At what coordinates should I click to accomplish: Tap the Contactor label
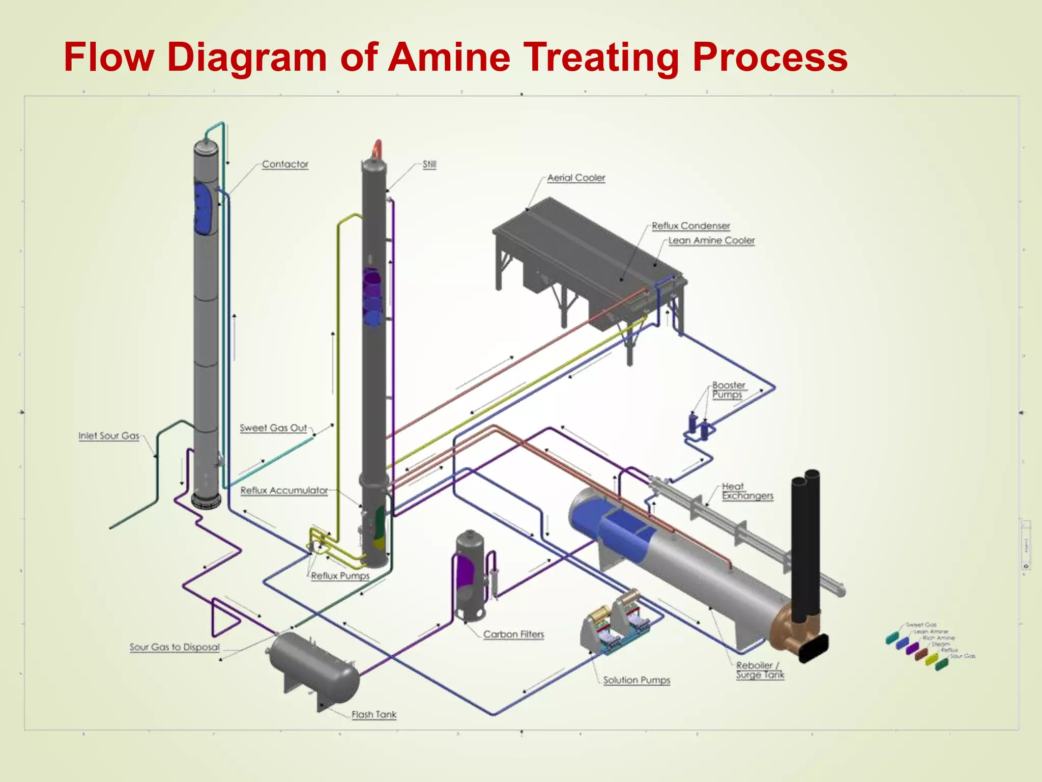285,164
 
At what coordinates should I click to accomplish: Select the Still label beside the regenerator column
429,164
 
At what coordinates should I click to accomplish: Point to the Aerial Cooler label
576,178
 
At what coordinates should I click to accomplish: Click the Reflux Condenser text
690,226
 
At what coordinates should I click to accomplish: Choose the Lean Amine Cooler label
711,240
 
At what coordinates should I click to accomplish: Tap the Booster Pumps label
728,389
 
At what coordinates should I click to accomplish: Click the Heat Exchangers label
747,491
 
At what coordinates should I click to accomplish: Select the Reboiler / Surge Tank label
760,669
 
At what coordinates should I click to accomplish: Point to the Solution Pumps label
636,680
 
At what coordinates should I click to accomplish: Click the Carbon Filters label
513,634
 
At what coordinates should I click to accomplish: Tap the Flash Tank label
373,714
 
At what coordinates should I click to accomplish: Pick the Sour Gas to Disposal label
175,647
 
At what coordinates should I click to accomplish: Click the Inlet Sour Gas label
108,436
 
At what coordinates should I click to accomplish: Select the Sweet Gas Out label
273,428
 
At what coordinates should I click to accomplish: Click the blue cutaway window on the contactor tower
205,209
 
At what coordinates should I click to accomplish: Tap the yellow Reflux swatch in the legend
931,659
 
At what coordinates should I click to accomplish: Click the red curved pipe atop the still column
377,149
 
